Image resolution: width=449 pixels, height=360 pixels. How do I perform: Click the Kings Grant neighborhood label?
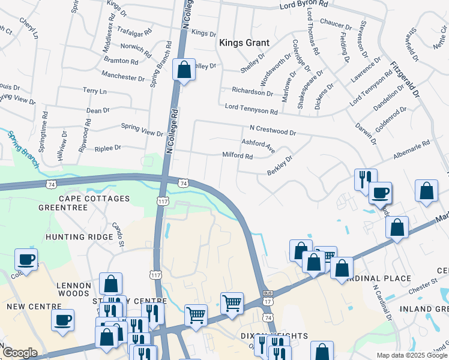coord(244,43)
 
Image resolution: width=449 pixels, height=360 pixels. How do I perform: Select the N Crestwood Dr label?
coord(273,130)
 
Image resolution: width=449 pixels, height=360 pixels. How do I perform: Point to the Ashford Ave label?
coord(258,145)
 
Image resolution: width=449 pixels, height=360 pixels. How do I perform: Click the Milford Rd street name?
coord(238,156)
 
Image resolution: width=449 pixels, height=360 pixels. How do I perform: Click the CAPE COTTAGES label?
coord(93,199)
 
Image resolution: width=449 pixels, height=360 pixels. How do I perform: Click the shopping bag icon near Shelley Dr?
coord(184,70)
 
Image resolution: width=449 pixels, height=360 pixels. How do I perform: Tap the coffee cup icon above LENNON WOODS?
coord(26,259)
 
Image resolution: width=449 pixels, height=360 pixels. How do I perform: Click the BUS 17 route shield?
coord(268,297)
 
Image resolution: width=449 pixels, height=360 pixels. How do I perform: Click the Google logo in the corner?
coord(19,353)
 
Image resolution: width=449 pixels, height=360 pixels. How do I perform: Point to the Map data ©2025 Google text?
coord(412,355)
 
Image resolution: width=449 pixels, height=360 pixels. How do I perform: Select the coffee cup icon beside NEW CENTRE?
coord(62,320)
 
